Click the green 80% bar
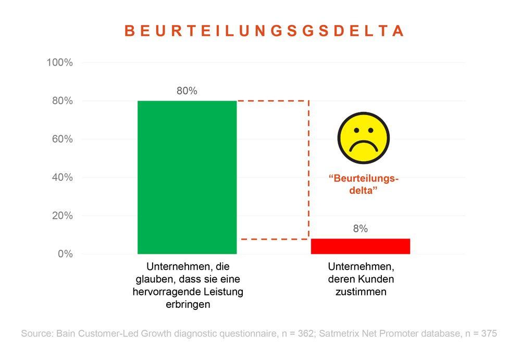[187, 177]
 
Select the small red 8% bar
[361, 246]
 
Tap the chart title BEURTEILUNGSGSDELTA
[265, 31]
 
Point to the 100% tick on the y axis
[59, 63]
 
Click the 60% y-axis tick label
[62, 139]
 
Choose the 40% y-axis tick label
[62, 178]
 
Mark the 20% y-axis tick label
[62, 216]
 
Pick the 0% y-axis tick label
[65, 254]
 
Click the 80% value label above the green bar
[187, 91]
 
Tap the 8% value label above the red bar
[361, 229]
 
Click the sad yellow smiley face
[364, 138]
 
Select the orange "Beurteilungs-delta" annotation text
[364, 185]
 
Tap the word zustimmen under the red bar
[361, 292]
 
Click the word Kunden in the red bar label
[376, 279]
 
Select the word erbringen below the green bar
[188, 305]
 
